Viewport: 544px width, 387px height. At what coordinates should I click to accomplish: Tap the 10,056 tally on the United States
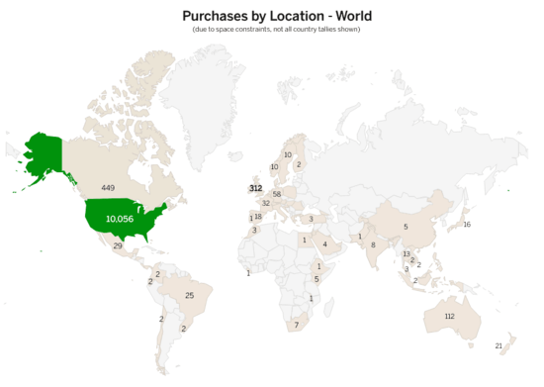(x=120, y=218)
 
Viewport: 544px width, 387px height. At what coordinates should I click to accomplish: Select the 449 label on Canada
(x=108, y=187)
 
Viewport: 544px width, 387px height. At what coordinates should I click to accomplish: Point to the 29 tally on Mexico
(x=118, y=245)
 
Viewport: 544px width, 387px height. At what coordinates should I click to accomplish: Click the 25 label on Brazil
(x=189, y=295)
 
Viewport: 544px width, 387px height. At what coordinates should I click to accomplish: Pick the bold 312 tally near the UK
(x=255, y=188)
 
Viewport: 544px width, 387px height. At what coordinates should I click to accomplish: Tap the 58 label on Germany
(x=277, y=194)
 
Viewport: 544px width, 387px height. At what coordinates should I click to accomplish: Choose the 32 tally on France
(x=266, y=203)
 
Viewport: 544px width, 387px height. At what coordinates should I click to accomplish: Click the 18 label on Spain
(x=258, y=217)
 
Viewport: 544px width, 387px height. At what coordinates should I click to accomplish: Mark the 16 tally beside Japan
(x=467, y=225)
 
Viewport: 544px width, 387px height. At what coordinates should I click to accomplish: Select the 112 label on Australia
(x=450, y=316)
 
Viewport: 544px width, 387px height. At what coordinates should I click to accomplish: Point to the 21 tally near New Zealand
(x=499, y=345)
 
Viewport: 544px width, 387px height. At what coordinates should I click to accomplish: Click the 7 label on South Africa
(x=296, y=325)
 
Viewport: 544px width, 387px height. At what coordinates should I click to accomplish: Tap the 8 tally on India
(x=373, y=244)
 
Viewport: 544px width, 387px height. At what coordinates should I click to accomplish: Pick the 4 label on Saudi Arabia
(x=324, y=244)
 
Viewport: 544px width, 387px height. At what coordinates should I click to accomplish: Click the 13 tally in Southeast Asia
(x=406, y=253)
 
